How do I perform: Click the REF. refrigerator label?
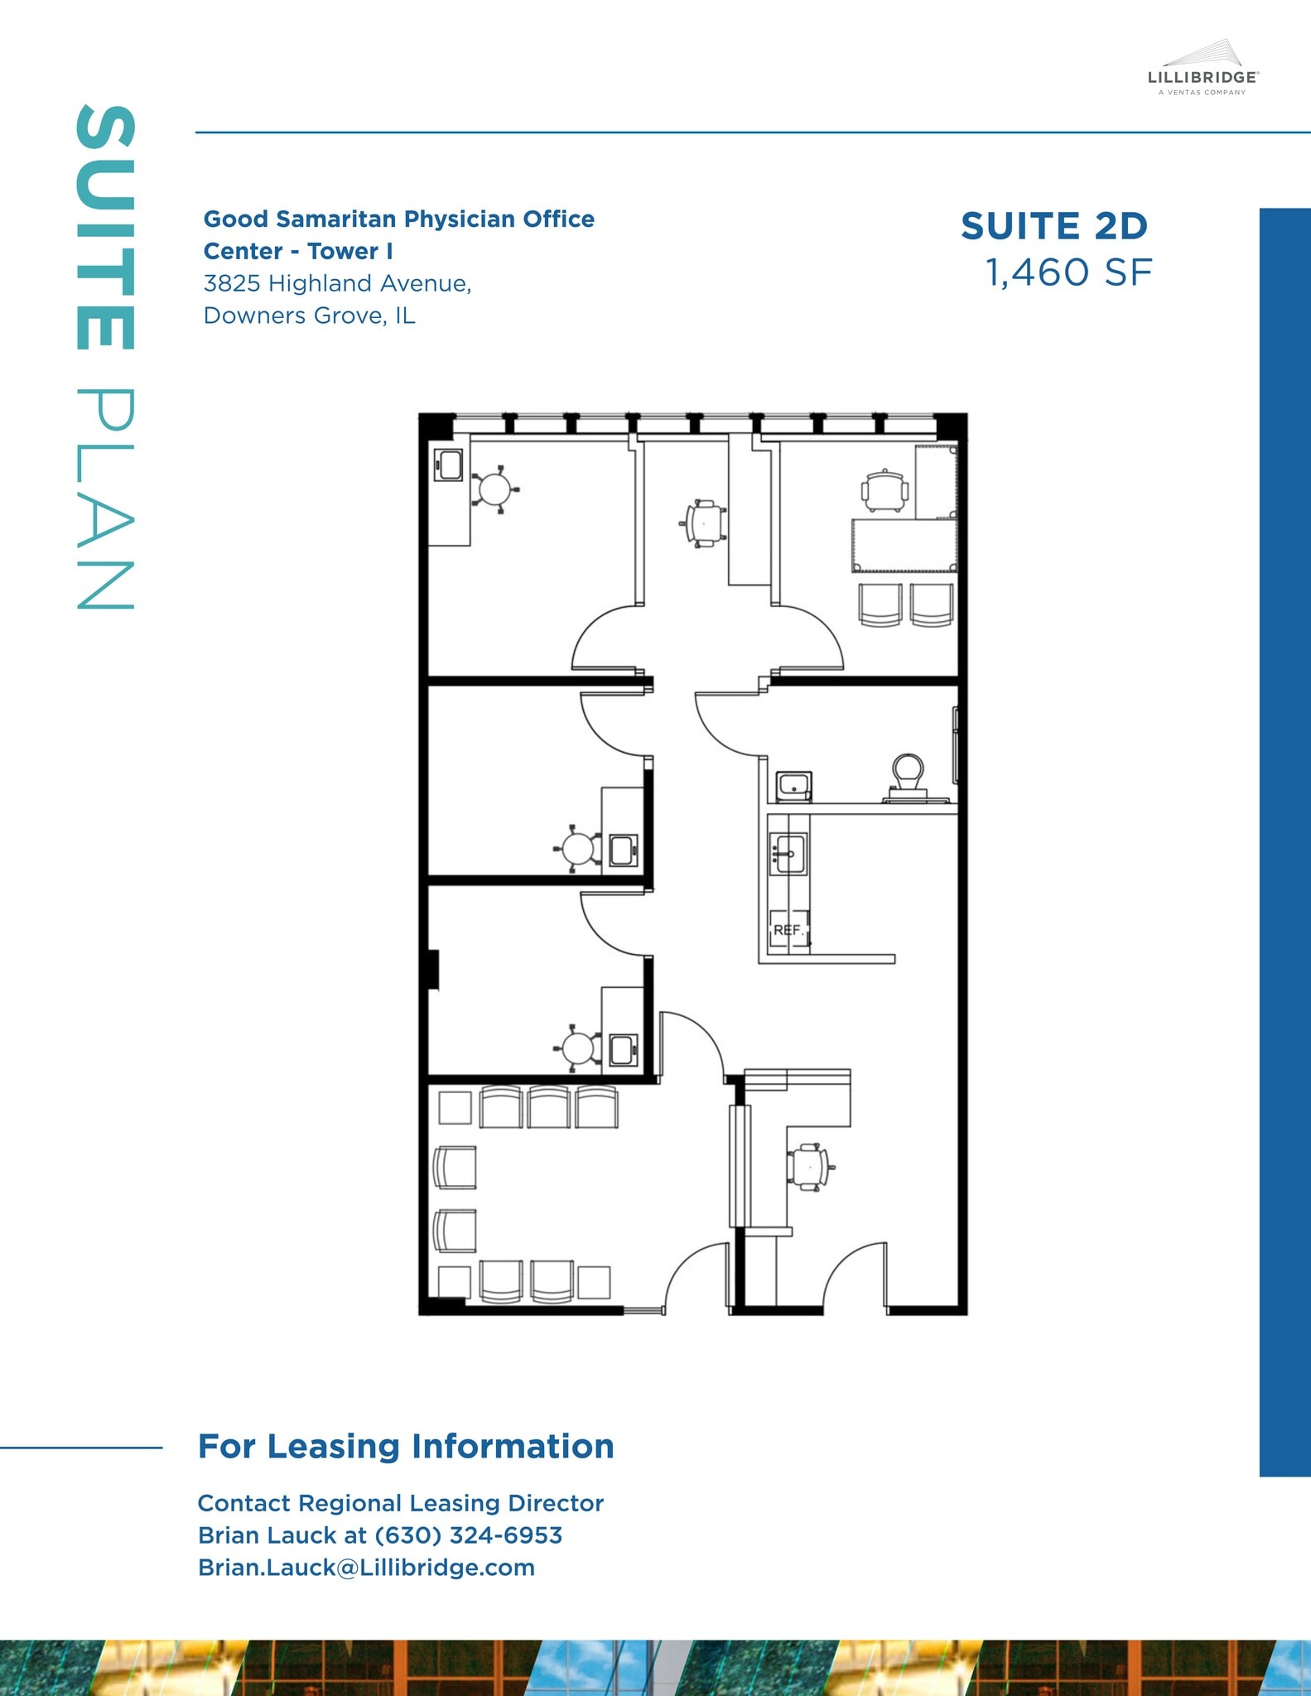pos(788,930)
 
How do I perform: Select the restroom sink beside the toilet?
pos(793,784)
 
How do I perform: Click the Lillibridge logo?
pos(1203,70)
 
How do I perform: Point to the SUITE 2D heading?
pos(1054,226)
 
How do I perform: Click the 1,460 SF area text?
pos(1068,272)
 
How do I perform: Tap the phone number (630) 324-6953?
pos(468,1535)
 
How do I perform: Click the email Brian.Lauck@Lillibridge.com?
pos(366,1568)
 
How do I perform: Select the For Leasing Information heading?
pos(406,1447)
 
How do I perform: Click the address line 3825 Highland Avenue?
pos(337,283)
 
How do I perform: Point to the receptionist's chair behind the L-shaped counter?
pos(807,1167)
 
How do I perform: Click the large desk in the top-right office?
pos(904,545)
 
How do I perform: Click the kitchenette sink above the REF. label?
pos(788,853)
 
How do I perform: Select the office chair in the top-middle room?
pos(703,523)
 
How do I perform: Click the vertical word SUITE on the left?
pos(105,228)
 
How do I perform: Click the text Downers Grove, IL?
pos(309,316)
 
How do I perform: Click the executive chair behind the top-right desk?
pos(884,490)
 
